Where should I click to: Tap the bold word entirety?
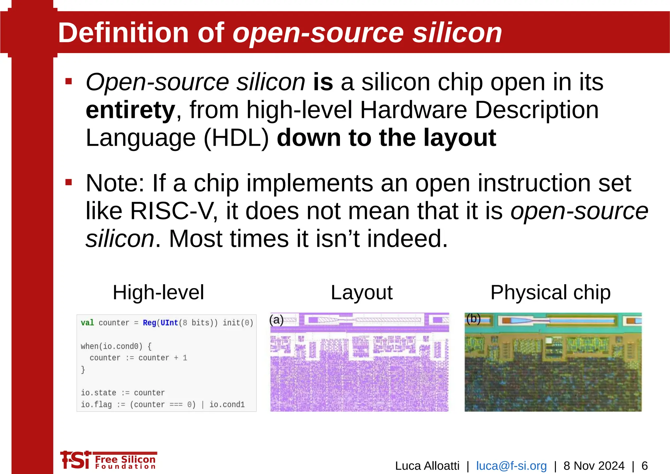tap(130, 110)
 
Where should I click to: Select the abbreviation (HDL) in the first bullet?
tap(236, 138)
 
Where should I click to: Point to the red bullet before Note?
tap(68, 182)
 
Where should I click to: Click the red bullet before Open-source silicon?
tap(68, 81)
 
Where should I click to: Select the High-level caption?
tap(158, 292)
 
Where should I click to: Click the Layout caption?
tap(361, 292)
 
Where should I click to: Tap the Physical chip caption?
tap(550, 292)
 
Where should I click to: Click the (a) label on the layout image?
tap(276, 320)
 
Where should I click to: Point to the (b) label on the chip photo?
tap(473, 319)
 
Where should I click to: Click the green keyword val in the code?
tap(87, 323)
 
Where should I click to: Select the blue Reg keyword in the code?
tap(149, 323)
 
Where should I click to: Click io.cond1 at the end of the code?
tap(227, 405)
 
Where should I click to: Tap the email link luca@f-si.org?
tap(511, 465)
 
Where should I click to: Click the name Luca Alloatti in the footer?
tap(427, 465)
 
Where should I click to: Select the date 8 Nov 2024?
tap(594, 465)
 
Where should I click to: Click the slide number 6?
tap(644, 465)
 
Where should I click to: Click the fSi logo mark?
tap(75, 460)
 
